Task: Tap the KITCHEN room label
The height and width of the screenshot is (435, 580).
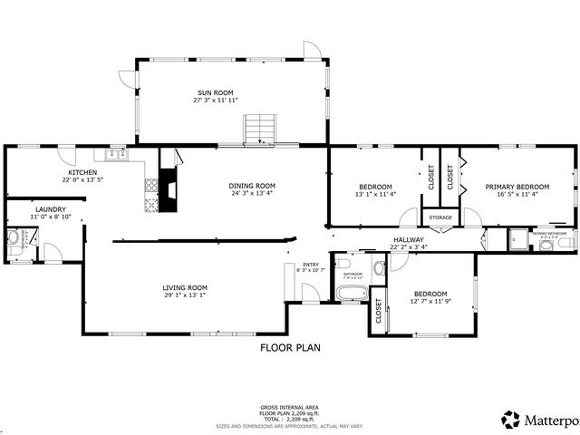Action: tap(82, 172)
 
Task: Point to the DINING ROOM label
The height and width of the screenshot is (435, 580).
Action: tap(252, 186)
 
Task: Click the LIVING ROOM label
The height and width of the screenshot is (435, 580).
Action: tap(186, 287)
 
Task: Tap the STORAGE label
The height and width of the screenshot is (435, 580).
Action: tap(440, 217)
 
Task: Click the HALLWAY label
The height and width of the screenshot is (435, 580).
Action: tap(409, 240)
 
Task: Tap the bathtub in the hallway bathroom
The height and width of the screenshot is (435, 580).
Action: tap(351, 293)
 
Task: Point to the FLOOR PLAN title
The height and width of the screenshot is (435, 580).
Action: tap(289, 347)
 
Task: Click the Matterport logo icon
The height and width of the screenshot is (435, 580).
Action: tap(510, 419)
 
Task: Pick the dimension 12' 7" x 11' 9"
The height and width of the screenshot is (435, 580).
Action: tap(430, 302)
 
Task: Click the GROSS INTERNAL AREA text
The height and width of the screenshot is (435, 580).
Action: tap(289, 407)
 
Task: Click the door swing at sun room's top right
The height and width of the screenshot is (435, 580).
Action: tap(312, 50)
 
